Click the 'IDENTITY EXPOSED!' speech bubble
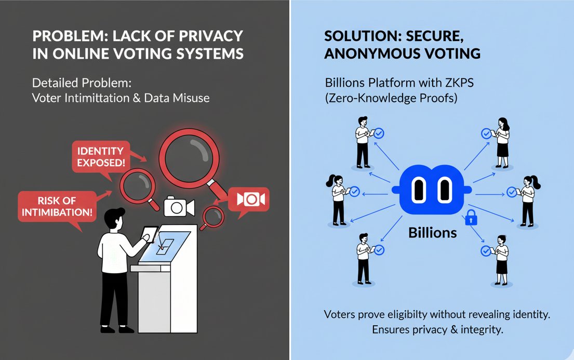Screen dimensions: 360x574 pyautogui.click(x=100, y=156)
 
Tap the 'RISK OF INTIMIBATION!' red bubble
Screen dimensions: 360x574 pyautogui.click(x=58, y=206)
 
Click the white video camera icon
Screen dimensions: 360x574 pyautogui.click(x=178, y=207)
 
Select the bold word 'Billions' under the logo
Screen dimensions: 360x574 pyautogui.click(x=432, y=232)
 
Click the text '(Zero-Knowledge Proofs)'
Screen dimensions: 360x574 pyautogui.click(x=391, y=98)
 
